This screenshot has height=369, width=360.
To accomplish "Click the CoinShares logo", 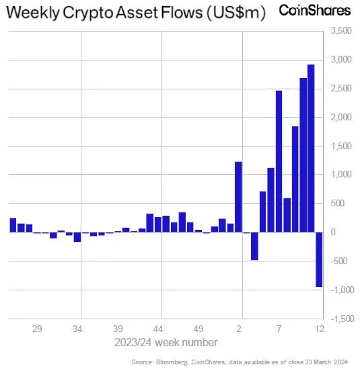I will coord(314,11).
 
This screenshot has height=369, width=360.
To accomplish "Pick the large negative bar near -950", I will coord(319,259).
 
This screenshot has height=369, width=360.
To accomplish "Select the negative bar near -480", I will coord(254,246).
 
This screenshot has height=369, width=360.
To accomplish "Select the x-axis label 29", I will coord(38,329).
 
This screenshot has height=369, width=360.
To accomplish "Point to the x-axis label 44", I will coord(159,329).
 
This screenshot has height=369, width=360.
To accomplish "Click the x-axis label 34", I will coord(78,329).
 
